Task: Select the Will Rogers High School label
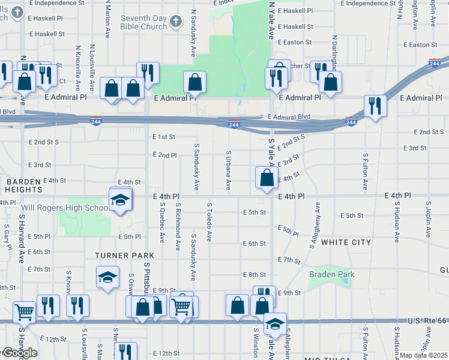click(64, 208)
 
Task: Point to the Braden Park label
click(331, 274)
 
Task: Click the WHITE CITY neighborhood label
click(346, 242)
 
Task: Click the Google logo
click(19, 353)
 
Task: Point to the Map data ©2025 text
click(424, 355)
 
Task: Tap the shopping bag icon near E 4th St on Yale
click(266, 178)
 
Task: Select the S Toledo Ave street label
click(209, 222)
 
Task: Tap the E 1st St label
click(163, 137)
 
